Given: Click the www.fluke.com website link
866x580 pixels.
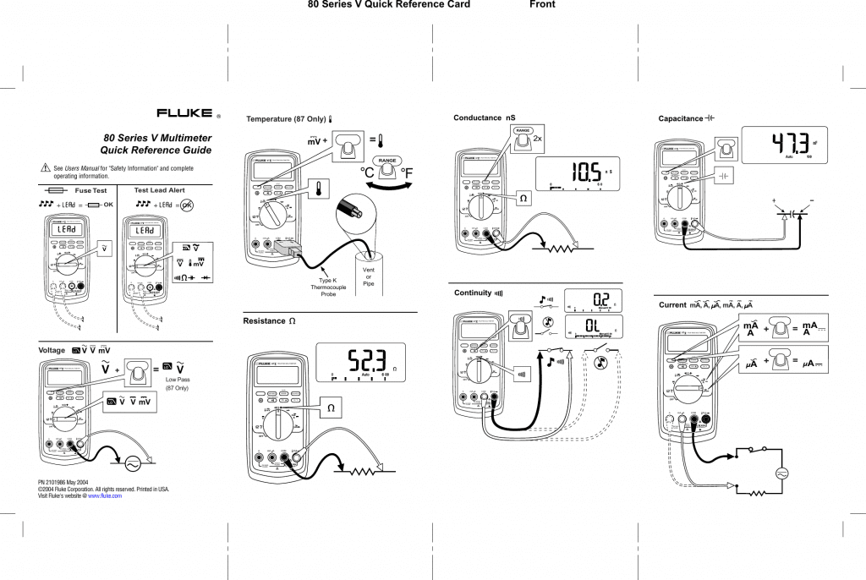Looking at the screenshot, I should [x=105, y=496].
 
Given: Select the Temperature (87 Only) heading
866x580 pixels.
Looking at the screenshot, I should [x=285, y=119].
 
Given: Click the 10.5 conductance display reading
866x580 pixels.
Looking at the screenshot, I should [x=584, y=172].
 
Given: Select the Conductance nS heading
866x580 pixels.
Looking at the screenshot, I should [x=484, y=118].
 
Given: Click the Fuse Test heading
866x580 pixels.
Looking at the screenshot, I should [x=89, y=190].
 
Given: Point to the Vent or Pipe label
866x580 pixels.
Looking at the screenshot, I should [x=368, y=276].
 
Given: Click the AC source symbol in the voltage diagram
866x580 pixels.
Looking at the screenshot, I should [x=133, y=463].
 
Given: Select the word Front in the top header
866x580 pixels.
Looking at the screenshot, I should [x=542, y=5].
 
